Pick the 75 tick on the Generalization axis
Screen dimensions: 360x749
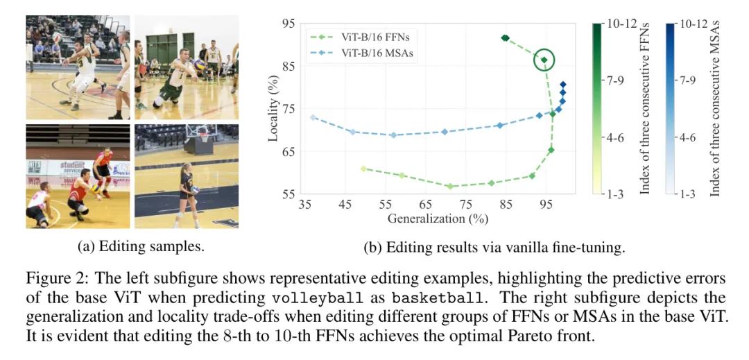click(466, 206)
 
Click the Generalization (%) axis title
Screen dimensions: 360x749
click(438, 218)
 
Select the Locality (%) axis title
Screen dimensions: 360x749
click(273, 110)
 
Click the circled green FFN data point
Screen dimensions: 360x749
click(544, 60)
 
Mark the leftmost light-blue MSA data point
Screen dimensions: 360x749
click(313, 118)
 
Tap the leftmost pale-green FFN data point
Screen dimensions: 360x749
click(363, 169)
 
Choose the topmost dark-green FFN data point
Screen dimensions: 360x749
click(505, 38)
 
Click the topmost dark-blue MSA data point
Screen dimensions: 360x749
click(563, 85)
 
